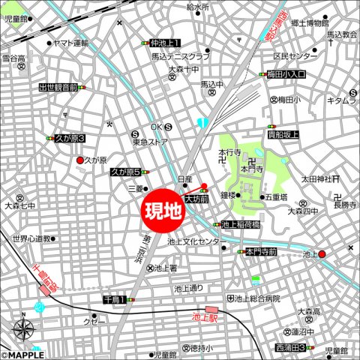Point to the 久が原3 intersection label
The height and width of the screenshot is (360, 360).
(70, 139)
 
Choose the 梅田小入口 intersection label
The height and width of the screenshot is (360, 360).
(286, 75)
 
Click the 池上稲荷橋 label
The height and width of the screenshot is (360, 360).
(240, 223)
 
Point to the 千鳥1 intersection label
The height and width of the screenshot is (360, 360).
(114, 299)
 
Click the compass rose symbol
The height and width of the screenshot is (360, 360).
(23, 331)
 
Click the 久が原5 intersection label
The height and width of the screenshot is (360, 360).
(125, 172)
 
